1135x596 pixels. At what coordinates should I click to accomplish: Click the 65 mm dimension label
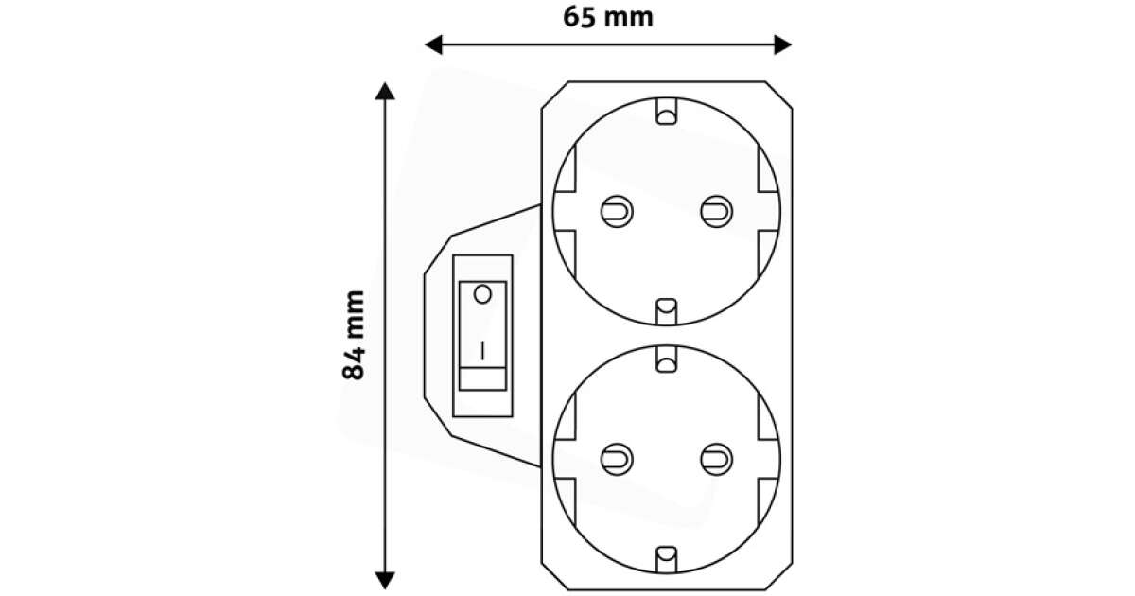pos(608,17)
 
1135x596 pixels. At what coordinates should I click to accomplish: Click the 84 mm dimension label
pos(354,335)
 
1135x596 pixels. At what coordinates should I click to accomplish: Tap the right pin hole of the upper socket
pos(715,210)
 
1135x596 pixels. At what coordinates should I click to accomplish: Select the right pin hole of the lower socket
pos(715,459)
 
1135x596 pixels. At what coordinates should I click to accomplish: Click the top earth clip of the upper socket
pos(666,115)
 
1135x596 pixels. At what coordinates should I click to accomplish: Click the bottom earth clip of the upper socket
pos(666,307)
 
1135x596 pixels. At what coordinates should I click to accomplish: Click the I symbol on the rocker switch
pos(482,350)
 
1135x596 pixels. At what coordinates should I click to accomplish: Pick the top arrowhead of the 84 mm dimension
pos(384,92)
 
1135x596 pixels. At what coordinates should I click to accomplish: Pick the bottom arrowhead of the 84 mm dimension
pos(384,578)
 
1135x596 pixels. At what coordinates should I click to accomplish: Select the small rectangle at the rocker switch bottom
pos(482,380)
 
